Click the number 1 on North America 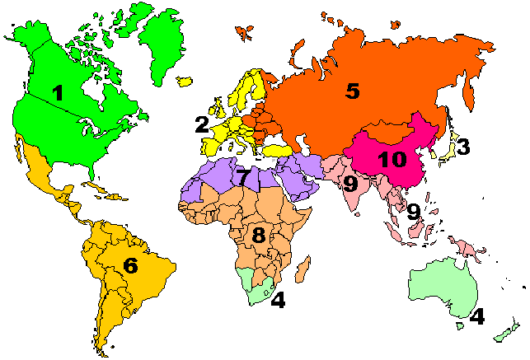point(57,93)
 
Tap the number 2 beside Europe point(201,125)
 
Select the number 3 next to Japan point(463,147)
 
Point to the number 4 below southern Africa point(279,300)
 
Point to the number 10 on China point(392,159)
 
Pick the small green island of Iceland point(185,81)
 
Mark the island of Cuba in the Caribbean point(99,189)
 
